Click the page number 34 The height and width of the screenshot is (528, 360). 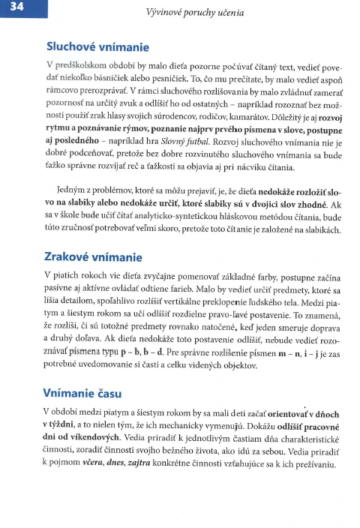tap(16, 8)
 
